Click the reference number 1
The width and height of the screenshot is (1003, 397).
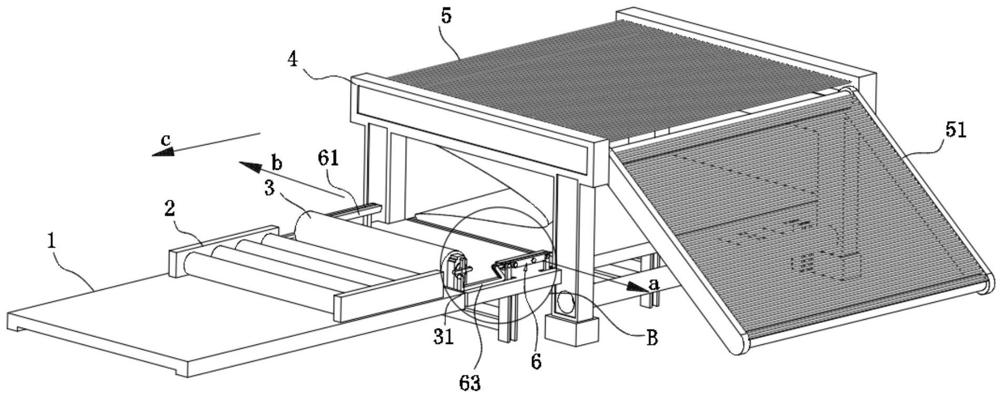click(52, 241)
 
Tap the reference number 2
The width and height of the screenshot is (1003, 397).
click(169, 209)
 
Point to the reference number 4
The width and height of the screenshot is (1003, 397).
click(293, 59)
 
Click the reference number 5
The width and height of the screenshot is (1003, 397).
click(446, 16)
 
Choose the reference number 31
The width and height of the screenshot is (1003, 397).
click(444, 337)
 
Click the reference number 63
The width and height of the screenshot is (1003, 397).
click(469, 383)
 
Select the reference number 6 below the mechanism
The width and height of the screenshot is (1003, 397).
click(536, 362)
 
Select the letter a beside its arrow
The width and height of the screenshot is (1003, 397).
click(654, 284)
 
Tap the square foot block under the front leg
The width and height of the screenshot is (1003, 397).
click(572, 330)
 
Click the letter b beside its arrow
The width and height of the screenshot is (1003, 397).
click(277, 163)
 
